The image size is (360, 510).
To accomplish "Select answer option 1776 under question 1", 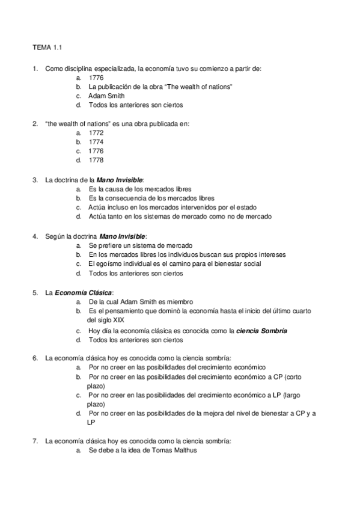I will coord(96,78).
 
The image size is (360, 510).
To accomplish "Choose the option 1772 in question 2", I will coord(96,133).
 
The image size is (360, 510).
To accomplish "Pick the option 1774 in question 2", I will coord(96,142).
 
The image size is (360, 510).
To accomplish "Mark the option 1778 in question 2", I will coord(96,161).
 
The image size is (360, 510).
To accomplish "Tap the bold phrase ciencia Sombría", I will coord(262,330).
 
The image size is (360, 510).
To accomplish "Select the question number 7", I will coord(35,441).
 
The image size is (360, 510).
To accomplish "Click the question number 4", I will coord(35,236).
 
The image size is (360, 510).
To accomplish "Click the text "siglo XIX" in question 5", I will coord(101,320).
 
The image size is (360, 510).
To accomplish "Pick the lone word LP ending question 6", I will coord(91,422).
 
